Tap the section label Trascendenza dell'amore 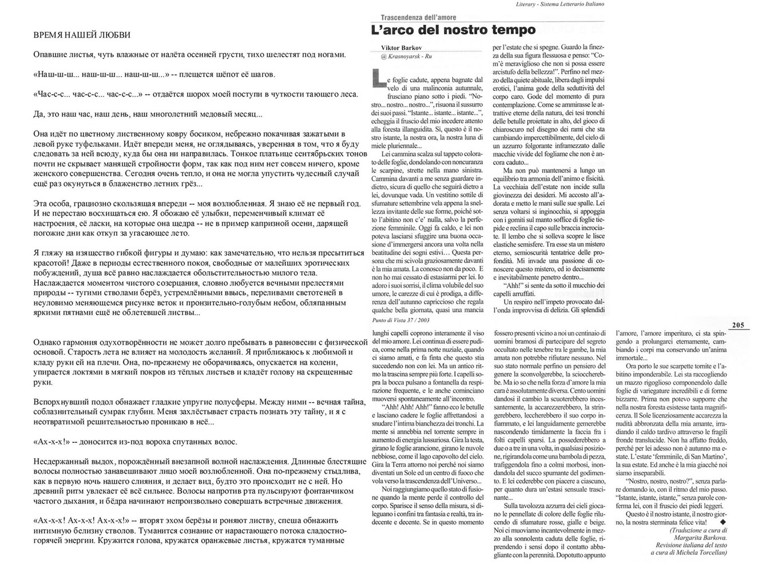pyautogui.click(x=418, y=18)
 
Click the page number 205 pyautogui.click(x=737, y=325)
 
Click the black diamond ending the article pyautogui.click(x=723, y=522)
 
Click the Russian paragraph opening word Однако pyautogui.click(x=49, y=342)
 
